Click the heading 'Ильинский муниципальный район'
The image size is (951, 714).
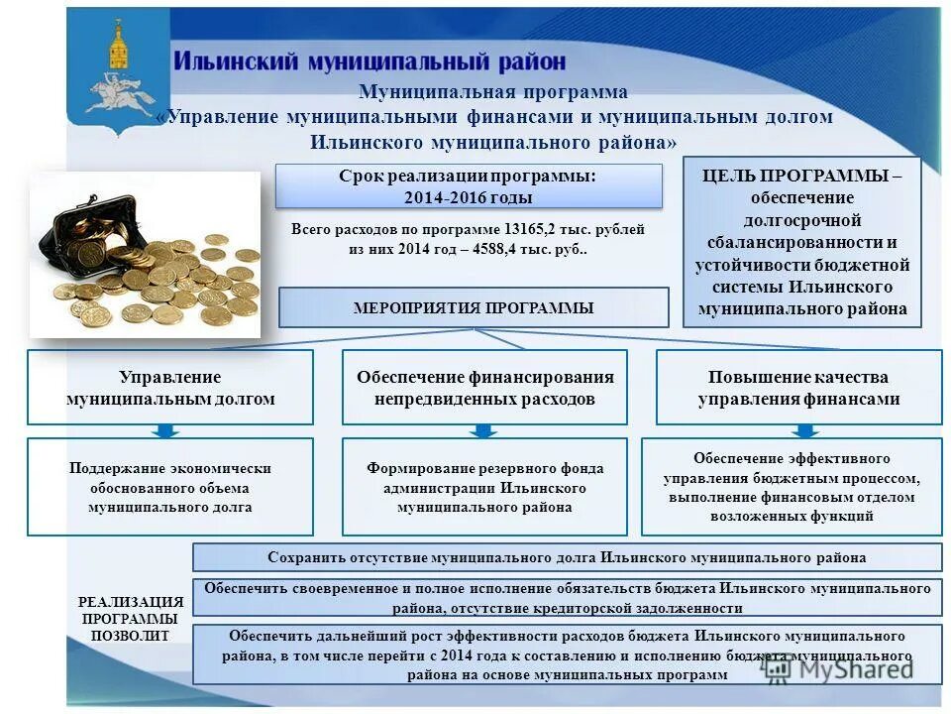point(370,61)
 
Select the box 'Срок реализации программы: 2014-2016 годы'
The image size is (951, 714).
point(468,186)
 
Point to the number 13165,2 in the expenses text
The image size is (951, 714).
point(530,229)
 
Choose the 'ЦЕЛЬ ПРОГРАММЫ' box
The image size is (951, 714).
point(801,242)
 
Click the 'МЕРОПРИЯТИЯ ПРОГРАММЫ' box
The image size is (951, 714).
point(474,307)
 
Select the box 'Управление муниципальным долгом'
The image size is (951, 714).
point(169,388)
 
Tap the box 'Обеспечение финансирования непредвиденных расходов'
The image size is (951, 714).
point(484,388)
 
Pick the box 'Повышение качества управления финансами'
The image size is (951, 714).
point(798,388)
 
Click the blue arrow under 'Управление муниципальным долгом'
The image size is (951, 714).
point(166,430)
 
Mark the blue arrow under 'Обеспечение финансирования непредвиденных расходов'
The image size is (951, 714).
point(483,430)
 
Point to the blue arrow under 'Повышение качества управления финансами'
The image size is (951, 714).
point(805,430)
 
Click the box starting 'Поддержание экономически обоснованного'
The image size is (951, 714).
point(169,487)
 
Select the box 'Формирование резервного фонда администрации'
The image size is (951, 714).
point(484,487)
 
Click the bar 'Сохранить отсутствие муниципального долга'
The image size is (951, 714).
point(567,557)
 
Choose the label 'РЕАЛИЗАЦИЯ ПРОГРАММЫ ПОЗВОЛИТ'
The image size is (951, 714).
point(130,619)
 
